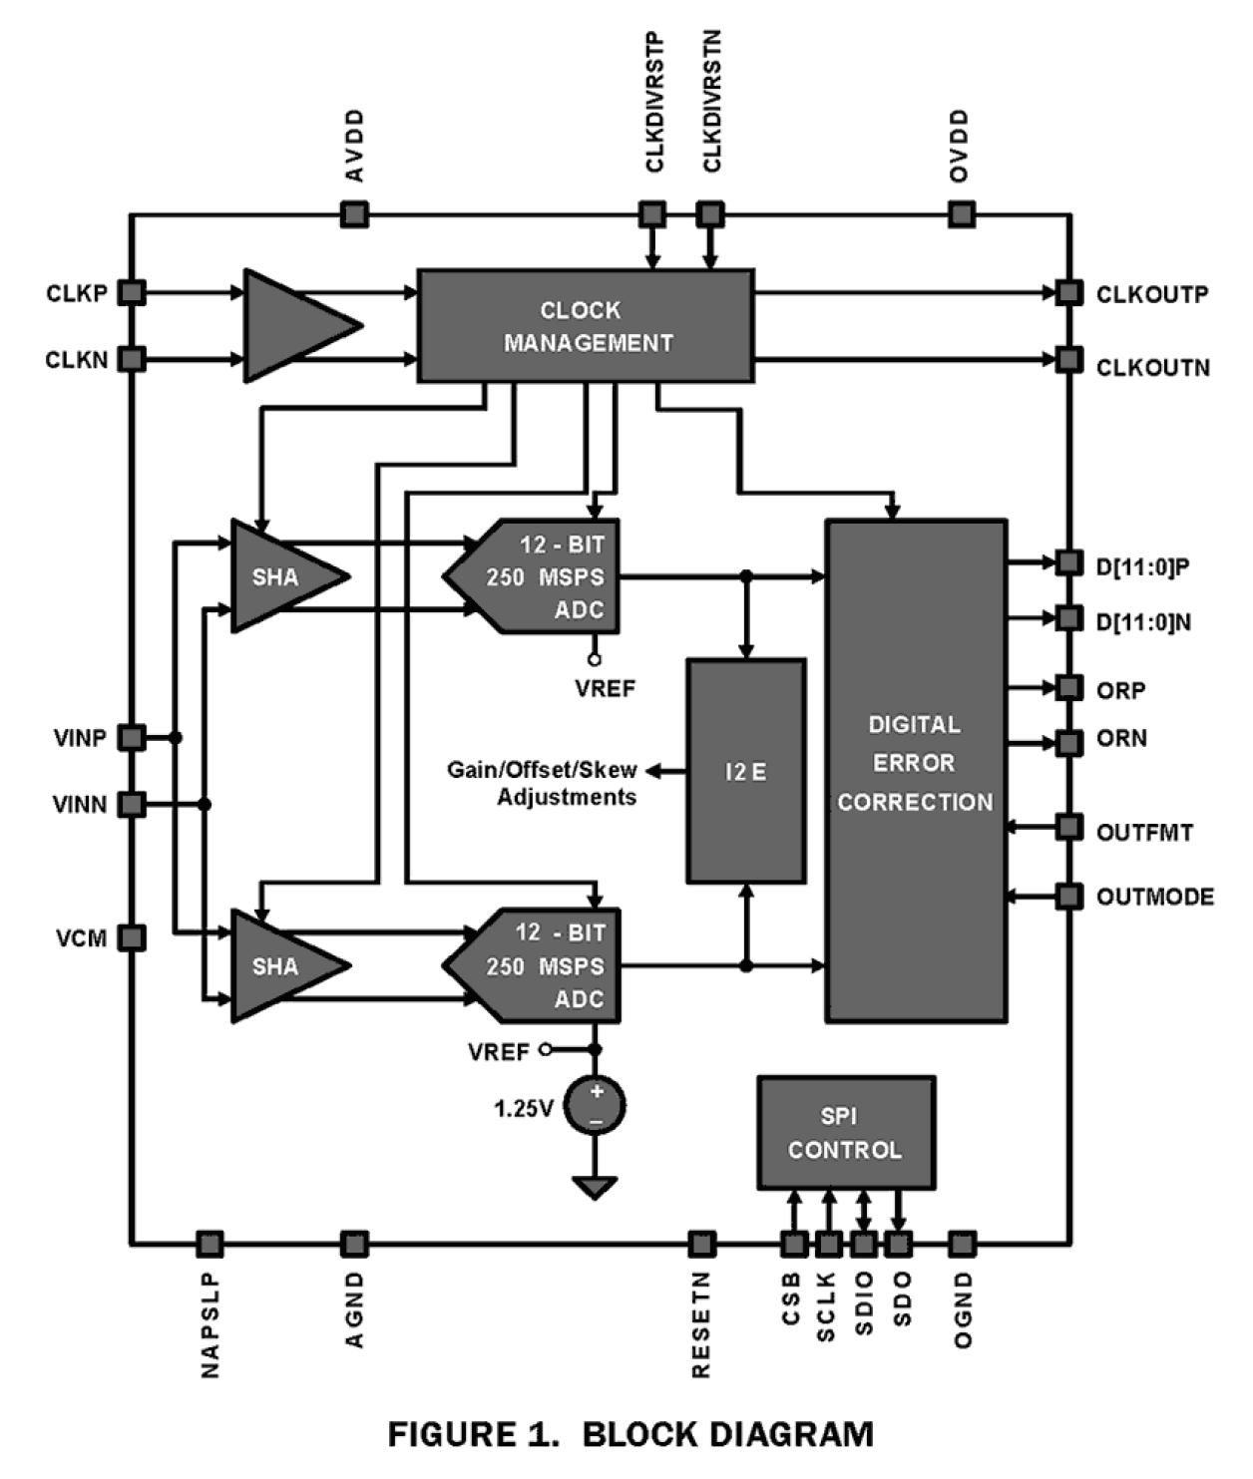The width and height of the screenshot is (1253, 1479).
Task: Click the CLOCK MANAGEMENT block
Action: pyautogui.click(x=586, y=326)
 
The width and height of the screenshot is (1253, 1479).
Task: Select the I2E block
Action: pyautogui.click(x=746, y=771)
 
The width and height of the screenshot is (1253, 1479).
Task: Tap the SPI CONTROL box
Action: pyautogui.click(x=846, y=1133)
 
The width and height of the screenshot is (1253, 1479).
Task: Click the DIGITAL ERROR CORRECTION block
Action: pyautogui.click(x=916, y=771)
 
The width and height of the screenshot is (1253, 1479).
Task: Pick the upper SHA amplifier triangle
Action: pyautogui.click(x=279, y=576)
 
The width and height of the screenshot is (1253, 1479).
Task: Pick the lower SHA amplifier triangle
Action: pyautogui.click(x=279, y=965)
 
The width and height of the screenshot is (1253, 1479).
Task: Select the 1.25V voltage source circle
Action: pyautogui.click(x=596, y=1105)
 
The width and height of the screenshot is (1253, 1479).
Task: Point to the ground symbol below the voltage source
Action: pyautogui.click(x=596, y=1187)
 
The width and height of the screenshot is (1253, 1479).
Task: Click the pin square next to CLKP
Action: pyautogui.click(x=132, y=293)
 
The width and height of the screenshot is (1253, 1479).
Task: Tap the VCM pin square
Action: pyautogui.click(x=132, y=937)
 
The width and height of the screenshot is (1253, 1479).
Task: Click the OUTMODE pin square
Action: pyautogui.click(x=1069, y=896)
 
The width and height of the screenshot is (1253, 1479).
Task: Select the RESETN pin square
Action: pyautogui.click(x=702, y=1244)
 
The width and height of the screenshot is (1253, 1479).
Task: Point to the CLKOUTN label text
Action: pyautogui.click(x=1152, y=368)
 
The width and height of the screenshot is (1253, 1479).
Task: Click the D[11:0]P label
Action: pyautogui.click(x=1142, y=566)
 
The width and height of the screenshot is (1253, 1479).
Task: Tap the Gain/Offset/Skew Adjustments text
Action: pyautogui.click(x=542, y=783)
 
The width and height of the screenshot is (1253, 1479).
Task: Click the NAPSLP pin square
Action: pyautogui.click(x=209, y=1244)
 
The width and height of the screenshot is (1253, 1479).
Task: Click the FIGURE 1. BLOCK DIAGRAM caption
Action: pyautogui.click(x=630, y=1435)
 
